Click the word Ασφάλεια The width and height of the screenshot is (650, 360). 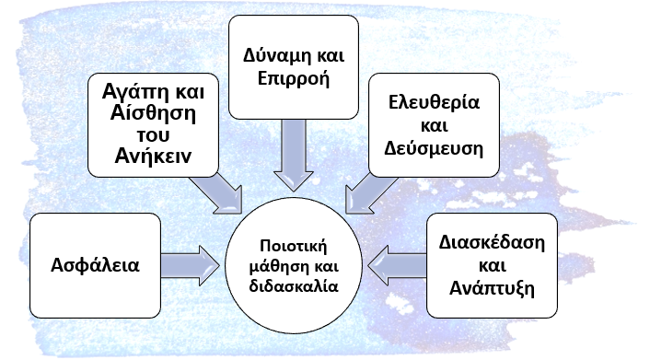pos(95,265)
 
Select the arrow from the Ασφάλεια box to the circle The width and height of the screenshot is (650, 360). pos(191,265)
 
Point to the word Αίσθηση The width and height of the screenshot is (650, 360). pos(153,113)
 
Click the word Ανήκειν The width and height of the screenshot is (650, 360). pos(153,157)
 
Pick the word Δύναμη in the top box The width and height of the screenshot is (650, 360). pos(272,56)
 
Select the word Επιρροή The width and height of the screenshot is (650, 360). pos(294,79)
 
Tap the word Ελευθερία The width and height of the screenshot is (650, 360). pos(434,102)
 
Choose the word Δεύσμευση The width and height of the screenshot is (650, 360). pos(434,148)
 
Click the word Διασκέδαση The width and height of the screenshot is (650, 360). pos(492,242)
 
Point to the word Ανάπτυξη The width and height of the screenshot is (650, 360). pos(492,289)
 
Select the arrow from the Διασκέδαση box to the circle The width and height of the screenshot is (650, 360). pos(397,265)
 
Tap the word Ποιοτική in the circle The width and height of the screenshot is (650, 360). pos(294,246)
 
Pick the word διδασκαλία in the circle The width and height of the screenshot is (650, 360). pos(294,286)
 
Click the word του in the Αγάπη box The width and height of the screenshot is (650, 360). pos(153,135)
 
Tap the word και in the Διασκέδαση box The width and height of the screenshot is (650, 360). pos(492,265)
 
